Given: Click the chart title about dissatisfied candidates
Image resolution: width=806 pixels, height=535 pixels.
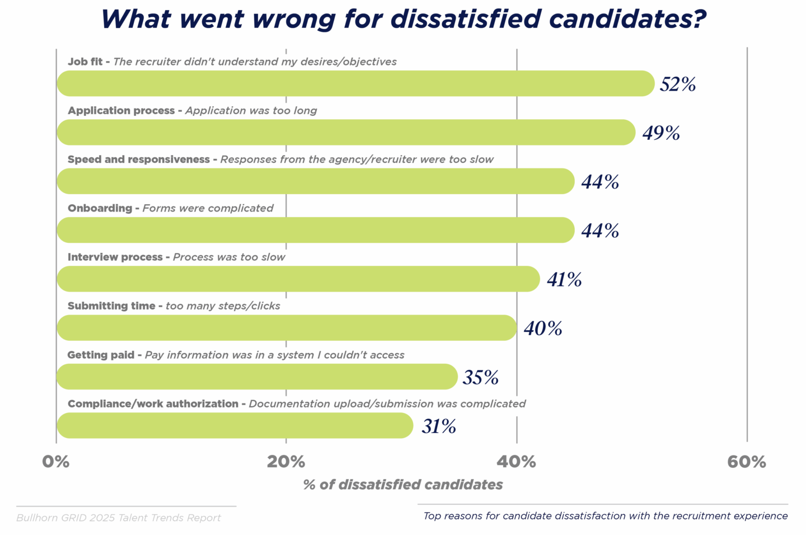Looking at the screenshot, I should [x=403, y=19].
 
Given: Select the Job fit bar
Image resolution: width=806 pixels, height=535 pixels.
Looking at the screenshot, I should [x=355, y=83].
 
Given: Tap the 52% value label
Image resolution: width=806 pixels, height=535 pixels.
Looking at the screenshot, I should [x=677, y=84].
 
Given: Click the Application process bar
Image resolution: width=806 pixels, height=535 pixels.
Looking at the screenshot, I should [x=346, y=132].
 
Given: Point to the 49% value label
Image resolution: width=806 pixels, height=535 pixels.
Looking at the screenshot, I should [x=660, y=133].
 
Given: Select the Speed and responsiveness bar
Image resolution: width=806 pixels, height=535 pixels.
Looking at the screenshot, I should [x=316, y=181].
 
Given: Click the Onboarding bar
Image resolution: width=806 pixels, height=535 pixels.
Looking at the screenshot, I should [x=316, y=230].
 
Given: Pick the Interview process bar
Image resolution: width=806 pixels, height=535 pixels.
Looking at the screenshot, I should [x=298, y=279].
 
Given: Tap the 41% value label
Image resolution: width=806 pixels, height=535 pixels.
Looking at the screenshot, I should [x=564, y=279].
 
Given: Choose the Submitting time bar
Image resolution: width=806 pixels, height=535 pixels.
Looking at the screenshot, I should [x=287, y=327].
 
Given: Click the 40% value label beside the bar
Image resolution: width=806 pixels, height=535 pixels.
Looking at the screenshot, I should [x=543, y=328].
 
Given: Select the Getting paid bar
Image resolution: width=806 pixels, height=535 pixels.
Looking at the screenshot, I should [x=257, y=377].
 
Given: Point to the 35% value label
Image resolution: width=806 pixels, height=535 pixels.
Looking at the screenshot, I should [x=480, y=377].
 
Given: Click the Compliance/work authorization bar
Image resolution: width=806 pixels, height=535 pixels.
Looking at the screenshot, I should [x=235, y=425].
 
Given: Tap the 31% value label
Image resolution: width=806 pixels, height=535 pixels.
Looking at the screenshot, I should [x=439, y=426].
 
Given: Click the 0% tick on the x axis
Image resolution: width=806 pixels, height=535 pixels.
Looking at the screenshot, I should [x=56, y=462].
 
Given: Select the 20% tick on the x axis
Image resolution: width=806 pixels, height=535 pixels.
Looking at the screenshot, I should [x=286, y=462].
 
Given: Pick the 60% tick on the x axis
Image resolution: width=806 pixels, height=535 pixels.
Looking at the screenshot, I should [x=747, y=462].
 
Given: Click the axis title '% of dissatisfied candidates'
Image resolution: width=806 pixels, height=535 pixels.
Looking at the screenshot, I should [x=403, y=485].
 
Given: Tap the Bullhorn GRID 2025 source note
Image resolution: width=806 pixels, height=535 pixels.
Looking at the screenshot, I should [x=119, y=518].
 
